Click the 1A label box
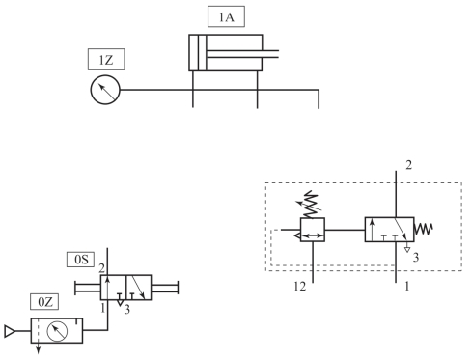(x=226, y=16)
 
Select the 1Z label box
(x=106, y=60)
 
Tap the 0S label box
(x=81, y=260)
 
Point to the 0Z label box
(x=44, y=302)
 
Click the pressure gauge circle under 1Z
(x=105, y=90)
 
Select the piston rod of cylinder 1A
(x=242, y=54)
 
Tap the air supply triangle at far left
(x=10, y=331)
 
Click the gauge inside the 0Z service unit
(x=57, y=331)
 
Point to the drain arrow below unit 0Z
(x=39, y=348)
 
